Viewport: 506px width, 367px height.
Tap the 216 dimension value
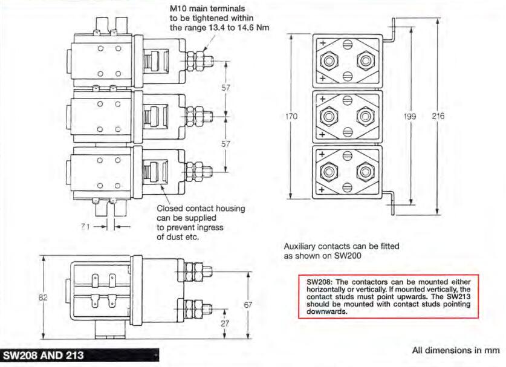437,117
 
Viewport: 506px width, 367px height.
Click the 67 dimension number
248,305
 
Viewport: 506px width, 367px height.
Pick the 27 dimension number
225,323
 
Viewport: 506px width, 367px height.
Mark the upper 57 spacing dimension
227,88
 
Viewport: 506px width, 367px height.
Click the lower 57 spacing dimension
227,145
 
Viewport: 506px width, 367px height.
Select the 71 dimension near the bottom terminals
86,226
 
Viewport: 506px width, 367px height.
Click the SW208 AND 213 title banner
46,354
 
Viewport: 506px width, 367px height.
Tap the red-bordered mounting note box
388,296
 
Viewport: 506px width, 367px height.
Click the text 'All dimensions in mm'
456,350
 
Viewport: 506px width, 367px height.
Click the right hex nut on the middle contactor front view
365,117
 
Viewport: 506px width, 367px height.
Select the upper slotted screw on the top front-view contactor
348,44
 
